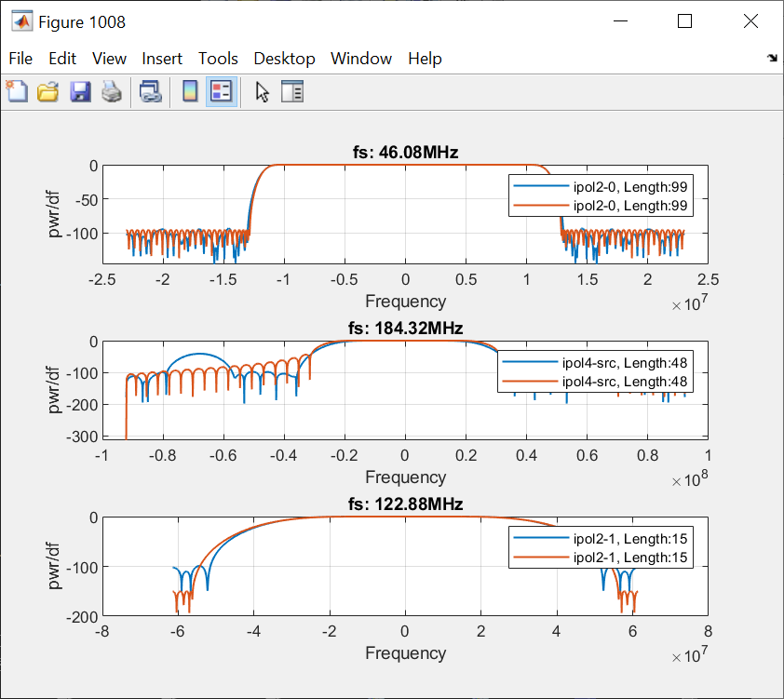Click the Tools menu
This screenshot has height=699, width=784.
point(218,59)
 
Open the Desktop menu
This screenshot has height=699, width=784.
point(284,59)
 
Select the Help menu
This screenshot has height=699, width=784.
point(425,59)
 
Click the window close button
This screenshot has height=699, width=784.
point(750,21)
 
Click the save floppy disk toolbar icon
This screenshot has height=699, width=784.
point(80,91)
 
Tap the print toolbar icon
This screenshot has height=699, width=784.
point(112,91)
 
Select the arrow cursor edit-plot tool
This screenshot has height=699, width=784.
point(263,91)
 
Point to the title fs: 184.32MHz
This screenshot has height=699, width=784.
point(405,328)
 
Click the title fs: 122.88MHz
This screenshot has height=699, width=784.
point(405,504)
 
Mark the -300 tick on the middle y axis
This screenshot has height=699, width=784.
point(82,437)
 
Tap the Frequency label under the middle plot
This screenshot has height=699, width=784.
point(405,477)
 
